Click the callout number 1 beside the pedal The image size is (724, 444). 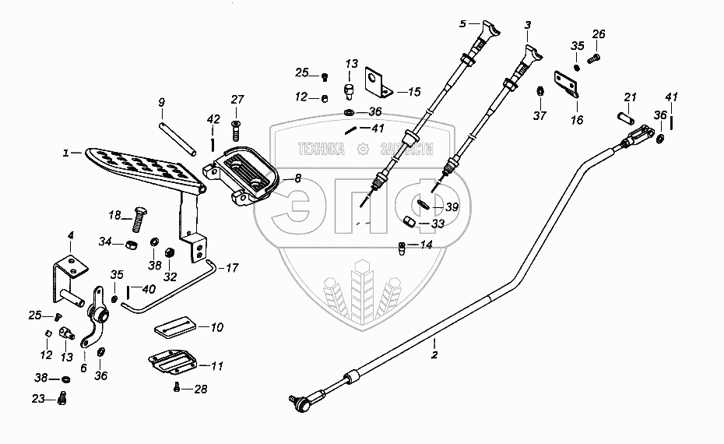point(66,153)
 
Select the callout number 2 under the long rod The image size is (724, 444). point(434,355)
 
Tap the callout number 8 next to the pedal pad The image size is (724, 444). point(298,178)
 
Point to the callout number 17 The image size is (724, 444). point(231,268)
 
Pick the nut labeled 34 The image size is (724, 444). point(131,244)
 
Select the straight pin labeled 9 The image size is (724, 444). point(177,139)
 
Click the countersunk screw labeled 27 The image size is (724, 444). point(235,130)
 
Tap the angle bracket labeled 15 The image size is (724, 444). point(378,83)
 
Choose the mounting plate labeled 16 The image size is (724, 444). point(567,84)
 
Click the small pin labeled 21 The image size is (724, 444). point(626,115)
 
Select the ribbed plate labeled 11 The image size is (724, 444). point(173,361)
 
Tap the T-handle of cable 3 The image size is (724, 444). point(534,53)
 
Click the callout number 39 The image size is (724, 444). point(452,207)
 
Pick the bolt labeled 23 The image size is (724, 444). point(62,398)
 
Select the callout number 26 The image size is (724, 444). point(599,34)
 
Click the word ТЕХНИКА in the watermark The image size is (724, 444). point(322,149)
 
